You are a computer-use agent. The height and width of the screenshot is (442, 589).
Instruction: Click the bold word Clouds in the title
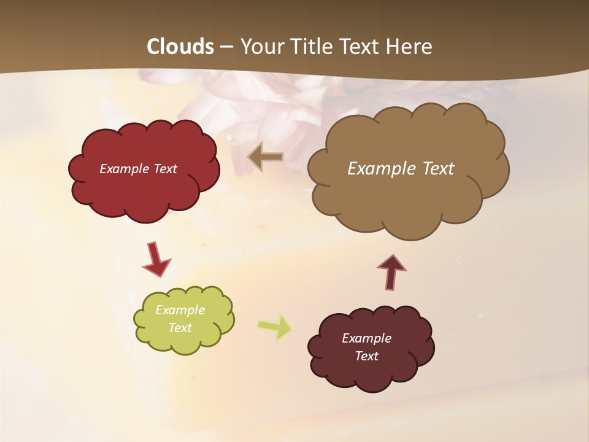click(x=180, y=47)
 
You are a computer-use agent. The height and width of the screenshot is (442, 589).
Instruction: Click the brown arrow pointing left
click(x=266, y=157)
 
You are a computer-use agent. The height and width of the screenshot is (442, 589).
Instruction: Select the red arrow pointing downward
click(x=156, y=259)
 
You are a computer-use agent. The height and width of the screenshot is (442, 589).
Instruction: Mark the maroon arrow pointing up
click(x=391, y=271)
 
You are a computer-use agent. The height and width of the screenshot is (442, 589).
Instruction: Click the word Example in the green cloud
click(x=180, y=310)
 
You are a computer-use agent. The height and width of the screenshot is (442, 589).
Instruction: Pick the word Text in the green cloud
click(x=180, y=328)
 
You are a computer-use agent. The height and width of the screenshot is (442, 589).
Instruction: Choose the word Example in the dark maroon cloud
click(x=366, y=338)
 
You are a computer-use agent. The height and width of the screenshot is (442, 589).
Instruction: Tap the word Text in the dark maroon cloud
click(x=366, y=356)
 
